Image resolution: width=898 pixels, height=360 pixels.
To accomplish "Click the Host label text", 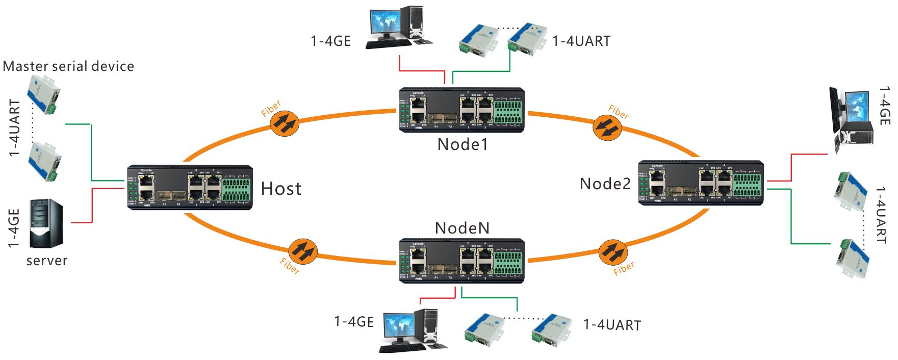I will [x=281, y=189].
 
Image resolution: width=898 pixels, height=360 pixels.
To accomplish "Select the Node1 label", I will [x=463, y=144].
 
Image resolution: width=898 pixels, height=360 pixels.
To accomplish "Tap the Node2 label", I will [x=605, y=184].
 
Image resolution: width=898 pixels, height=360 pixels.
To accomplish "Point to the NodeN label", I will [x=462, y=228].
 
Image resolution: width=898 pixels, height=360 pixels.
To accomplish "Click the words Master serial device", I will [x=69, y=66].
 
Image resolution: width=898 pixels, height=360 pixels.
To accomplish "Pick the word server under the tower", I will [x=47, y=261].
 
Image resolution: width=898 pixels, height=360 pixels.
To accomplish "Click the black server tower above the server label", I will [x=46, y=223].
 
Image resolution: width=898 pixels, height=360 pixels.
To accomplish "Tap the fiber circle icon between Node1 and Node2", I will [x=607, y=127].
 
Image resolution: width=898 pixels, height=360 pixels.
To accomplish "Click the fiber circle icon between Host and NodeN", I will [x=303, y=251].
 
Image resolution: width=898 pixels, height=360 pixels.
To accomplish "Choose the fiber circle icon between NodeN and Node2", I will [x=613, y=252].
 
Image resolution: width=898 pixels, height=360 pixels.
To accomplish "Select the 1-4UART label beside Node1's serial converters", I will [x=581, y=41].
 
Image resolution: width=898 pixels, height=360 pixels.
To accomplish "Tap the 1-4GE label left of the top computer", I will [x=331, y=41].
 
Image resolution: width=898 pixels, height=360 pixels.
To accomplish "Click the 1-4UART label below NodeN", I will [x=612, y=325].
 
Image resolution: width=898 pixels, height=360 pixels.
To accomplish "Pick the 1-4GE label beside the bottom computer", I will [x=354, y=322].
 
